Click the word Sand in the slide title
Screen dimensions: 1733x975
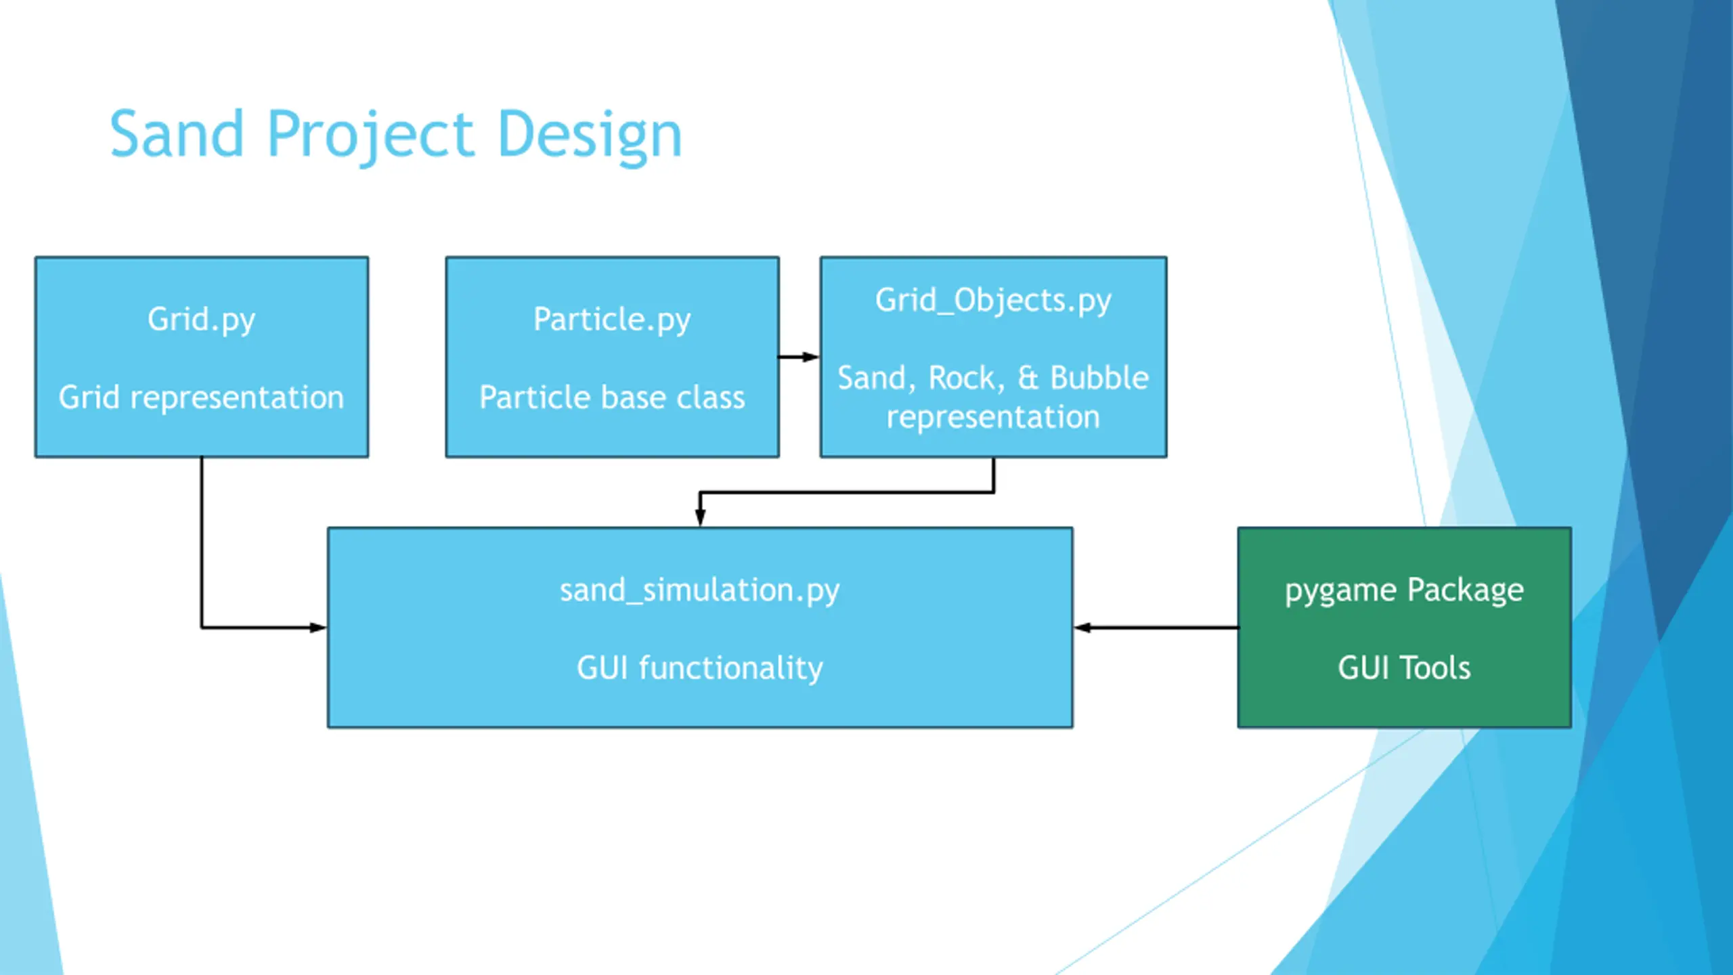point(177,134)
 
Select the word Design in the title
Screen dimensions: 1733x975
point(590,137)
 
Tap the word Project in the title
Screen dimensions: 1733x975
point(370,137)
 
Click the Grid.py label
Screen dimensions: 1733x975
point(202,320)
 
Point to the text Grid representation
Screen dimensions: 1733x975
point(202,397)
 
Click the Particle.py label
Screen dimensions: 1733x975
point(612,320)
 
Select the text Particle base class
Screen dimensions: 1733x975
point(612,397)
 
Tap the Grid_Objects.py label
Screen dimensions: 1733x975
point(993,301)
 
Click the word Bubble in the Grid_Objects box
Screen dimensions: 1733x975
point(1099,378)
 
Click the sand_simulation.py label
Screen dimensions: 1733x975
point(699,590)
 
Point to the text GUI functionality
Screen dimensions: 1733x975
point(699,668)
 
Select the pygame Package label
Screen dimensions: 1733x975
point(1404,590)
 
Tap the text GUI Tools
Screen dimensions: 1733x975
point(1404,668)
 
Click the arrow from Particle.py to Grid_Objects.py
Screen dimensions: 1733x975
point(799,357)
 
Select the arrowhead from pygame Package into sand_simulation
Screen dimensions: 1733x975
point(1082,628)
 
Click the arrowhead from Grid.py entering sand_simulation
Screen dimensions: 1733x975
point(318,628)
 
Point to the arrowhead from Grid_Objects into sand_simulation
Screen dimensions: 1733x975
point(700,518)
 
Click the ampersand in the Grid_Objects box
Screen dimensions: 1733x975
point(1028,378)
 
